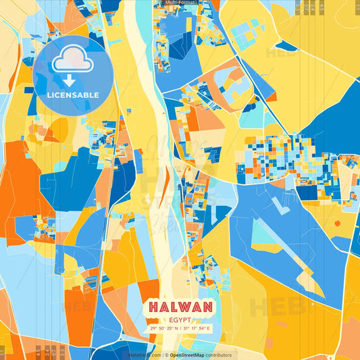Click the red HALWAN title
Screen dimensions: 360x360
(180, 307)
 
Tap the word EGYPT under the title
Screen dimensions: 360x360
(180, 319)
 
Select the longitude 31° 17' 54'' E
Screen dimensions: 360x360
(197, 328)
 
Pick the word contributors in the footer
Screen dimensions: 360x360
(218, 355)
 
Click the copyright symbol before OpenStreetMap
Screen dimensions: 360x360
(165, 355)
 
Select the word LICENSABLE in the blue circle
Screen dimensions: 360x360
(72, 95)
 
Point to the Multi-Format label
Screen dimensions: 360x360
(180, 3)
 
